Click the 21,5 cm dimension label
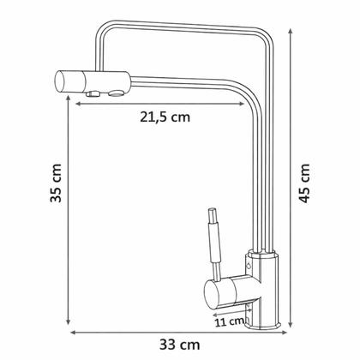[x=165, y=117]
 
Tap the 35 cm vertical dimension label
[x=56, y=183]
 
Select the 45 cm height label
[x=304, y=183]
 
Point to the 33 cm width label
[x=179, y=345]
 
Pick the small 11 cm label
[x=229, y=322]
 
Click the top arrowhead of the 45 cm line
[x=291, y=32]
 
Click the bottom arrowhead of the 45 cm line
[x=291, y=325]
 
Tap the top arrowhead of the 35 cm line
[x=68, y=99]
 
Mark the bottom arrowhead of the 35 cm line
[x=68, y=321]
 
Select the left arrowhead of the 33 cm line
[x=74, y=333]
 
